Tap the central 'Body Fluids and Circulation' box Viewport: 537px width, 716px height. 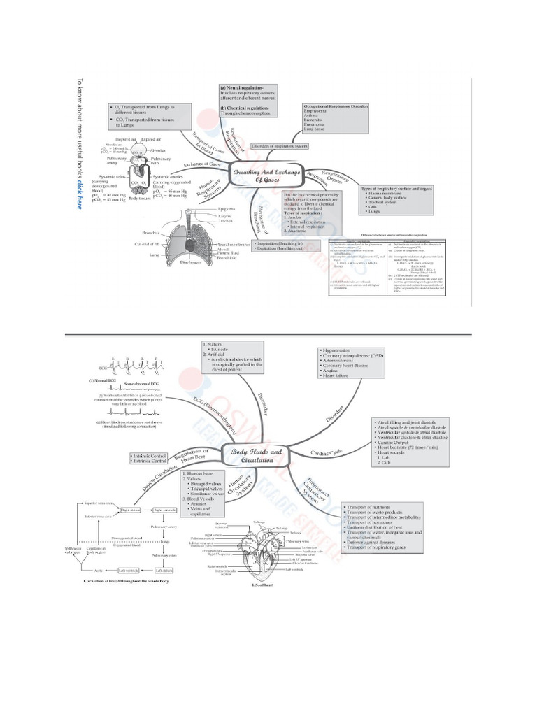tap(257, 457)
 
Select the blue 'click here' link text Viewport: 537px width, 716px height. tap(79, 192)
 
